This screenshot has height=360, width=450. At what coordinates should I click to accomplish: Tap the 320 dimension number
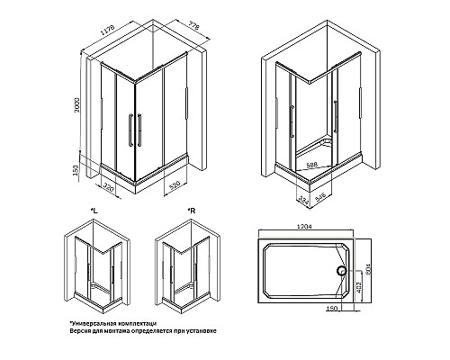coord(109,188)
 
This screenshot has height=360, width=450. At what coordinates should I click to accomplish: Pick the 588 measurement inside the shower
coord(310,166)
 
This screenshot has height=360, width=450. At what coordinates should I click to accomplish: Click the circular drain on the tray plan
coord(342,269)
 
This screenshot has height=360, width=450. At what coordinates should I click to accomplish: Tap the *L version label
coord(94,213)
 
